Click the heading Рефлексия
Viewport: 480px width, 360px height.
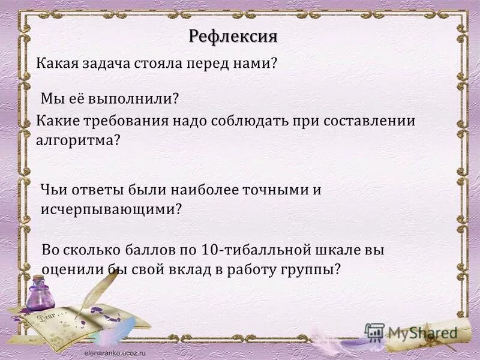[233, 36]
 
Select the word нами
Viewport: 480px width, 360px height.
[256, 62]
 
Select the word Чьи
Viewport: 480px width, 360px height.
[53, 190]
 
